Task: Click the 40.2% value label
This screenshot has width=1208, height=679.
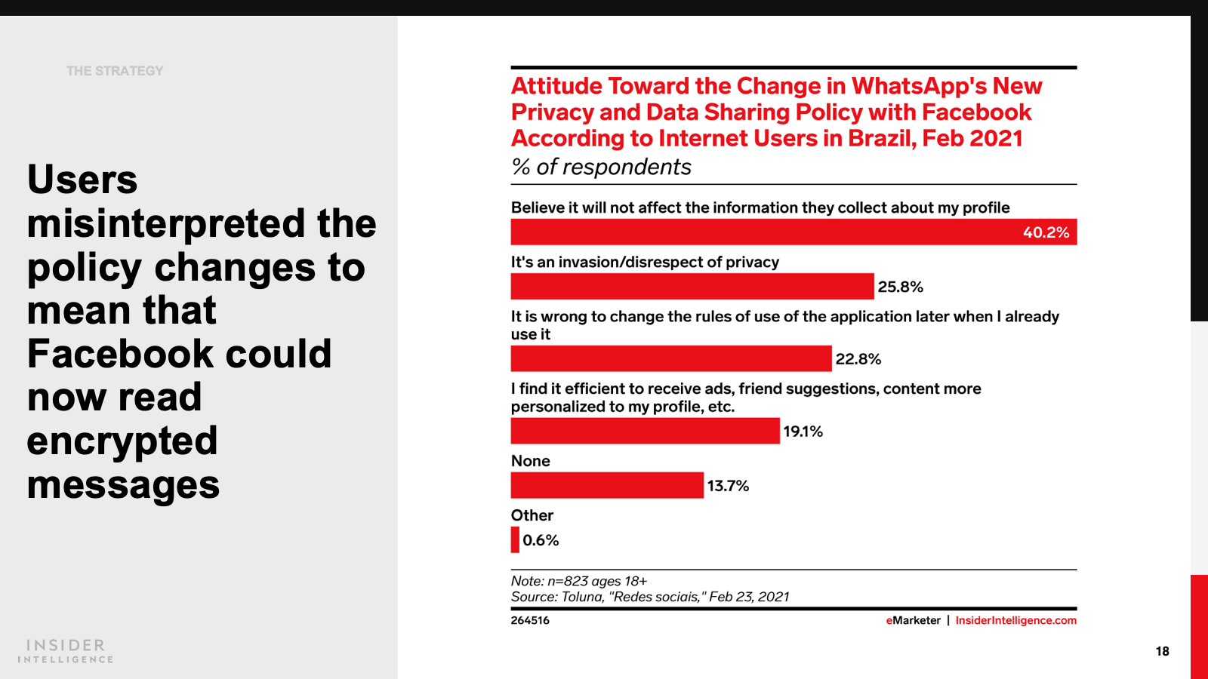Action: click(1046, 232)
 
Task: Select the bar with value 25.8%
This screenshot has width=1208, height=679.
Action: click(692, 287)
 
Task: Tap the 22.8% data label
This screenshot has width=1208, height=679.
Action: click(858, 359)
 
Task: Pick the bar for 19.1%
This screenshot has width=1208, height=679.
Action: click(645, 431)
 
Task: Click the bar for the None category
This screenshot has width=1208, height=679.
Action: click(607, 485)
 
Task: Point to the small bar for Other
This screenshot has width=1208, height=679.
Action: click(515, 540)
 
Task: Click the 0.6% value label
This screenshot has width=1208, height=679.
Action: click(541, 540)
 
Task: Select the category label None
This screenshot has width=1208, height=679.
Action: click(530, 461)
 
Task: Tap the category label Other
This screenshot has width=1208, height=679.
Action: click(532, 515)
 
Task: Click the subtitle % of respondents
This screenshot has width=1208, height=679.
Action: click(601, 167)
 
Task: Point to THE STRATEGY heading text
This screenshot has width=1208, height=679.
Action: click(115, 71)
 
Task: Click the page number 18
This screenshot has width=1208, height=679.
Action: click(1162, 651)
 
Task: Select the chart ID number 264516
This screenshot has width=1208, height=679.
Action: click(530, 620)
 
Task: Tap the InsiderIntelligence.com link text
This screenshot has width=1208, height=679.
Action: click(1015, 620)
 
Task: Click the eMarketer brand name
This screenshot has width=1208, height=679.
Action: click(913, 620)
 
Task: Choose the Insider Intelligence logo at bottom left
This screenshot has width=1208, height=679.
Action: click(66, 650)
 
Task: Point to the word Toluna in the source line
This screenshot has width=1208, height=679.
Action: click(581, 597)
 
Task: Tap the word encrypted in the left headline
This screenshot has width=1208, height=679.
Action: click(122, 441)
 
